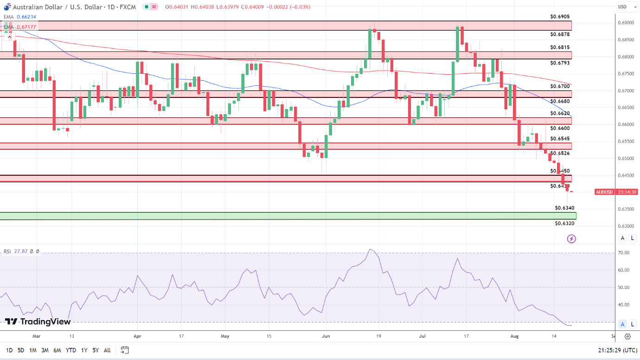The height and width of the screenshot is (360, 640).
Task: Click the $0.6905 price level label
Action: pyautogui.click(x=560, y=16)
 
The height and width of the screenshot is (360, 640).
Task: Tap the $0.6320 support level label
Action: pyautogui.click(x=564, y=223)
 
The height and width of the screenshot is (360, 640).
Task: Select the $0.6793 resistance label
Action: pyautogui.click(x=560, y=63)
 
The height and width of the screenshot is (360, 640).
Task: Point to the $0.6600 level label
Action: pyautogui.click(x=560, y=128)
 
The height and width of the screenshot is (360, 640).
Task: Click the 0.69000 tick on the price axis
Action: pyautogui.click(x=626, y=23)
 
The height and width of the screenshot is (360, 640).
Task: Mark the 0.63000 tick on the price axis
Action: pyautogui.click(x=626, y=226)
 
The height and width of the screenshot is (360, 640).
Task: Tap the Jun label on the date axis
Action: pyautogui.click(x=326, y=336)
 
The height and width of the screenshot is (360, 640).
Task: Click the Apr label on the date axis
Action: pyautogui.click(x=137, y=336)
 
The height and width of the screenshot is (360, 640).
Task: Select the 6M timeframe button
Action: pyautogui.click(x=57, y=350)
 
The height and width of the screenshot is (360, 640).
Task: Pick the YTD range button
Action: pyautogui.click(x=71, y=350)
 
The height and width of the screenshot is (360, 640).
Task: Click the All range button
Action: pyautogui.click(x=107, y=350)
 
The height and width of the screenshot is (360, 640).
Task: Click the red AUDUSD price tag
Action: pyautogui.click(x=604, y=192)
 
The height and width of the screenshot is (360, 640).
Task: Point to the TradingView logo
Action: pyautogui.click(x=38, y=321)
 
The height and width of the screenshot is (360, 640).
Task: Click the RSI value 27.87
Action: pyautogui.click(x=21, y=251)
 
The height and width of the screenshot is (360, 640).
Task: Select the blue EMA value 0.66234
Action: pyautogui.click(x=26, y=17)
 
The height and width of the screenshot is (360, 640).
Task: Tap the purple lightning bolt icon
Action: pyautogui.click(x=571, y=239)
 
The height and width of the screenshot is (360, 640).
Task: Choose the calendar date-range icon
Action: pyautogui.click(x=124, y=350)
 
